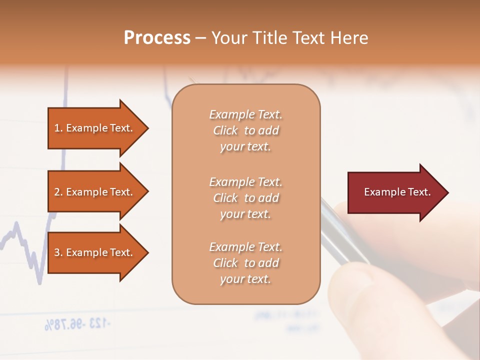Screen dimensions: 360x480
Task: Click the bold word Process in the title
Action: [x=157, y=38]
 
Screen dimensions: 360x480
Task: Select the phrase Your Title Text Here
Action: [x=290, y=38]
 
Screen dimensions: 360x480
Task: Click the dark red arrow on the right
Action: [x=395, y=192]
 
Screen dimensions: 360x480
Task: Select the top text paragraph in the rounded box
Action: [x=245, y=130]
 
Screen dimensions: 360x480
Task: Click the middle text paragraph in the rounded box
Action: [x=245, y=198]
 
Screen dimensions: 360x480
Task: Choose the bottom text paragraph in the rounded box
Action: [x=245, y=263]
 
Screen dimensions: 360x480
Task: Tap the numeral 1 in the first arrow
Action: [x=57, y=128]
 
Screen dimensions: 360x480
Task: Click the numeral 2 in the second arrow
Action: [x=57, y=192]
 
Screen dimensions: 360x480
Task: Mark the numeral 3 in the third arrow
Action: [x=57, y=252]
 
